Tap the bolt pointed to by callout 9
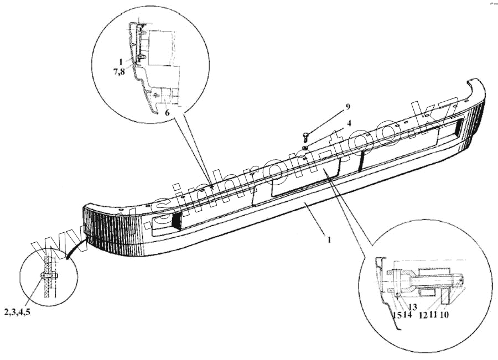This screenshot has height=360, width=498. (x=305, y=135)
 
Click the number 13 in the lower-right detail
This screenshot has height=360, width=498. (x=412, y=307)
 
